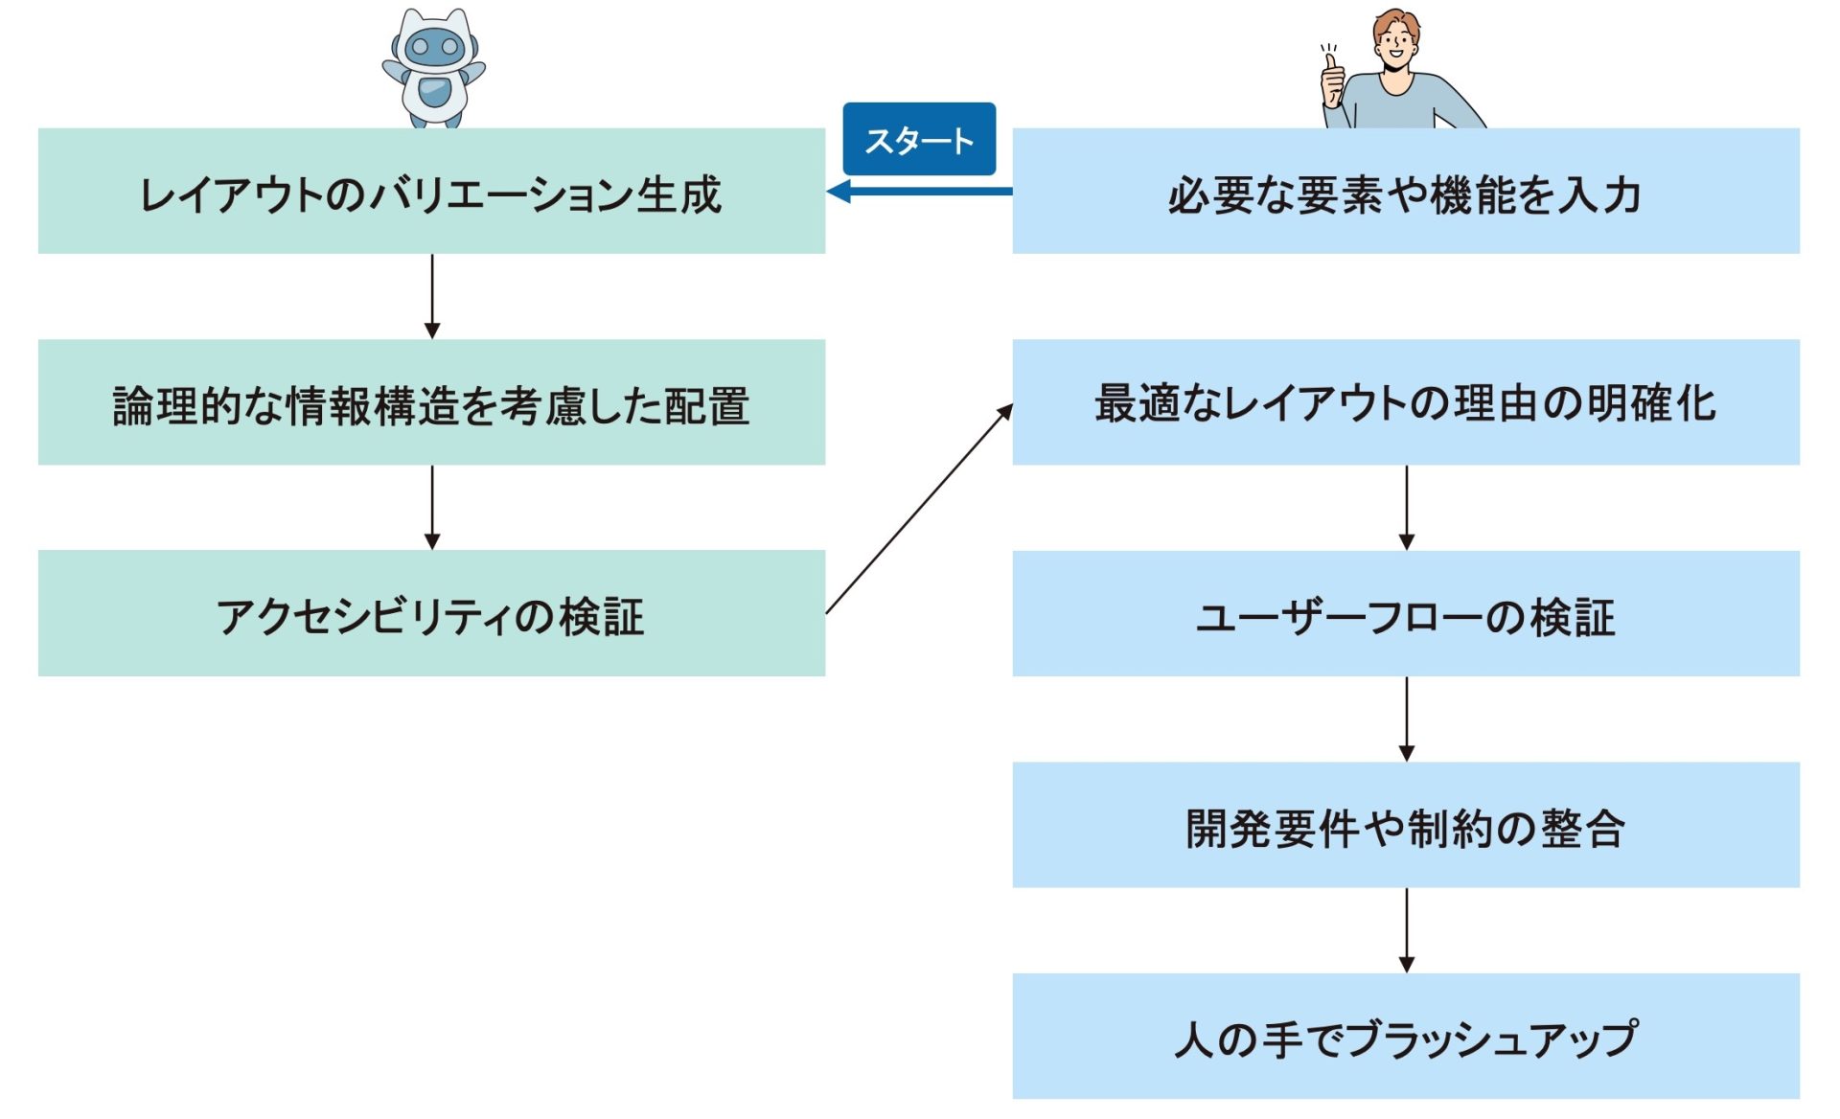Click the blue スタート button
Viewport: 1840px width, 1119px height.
[x=918, y=140]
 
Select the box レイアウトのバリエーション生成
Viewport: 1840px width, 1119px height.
[x=431, y=192]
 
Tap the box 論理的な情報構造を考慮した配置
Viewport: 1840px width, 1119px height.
[x=431, y=402]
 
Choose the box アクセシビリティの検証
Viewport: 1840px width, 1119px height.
[x=431, y=613]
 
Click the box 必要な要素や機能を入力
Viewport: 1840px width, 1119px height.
[x=1405, y=192]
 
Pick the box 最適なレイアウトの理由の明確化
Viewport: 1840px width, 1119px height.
[x=1405, y=402]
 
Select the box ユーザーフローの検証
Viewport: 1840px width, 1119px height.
[x=1405, y=613]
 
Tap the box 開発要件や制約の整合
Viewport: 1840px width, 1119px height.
[x=1405, y=825]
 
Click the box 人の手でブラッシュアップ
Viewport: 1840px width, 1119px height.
[x=1405, y=1036]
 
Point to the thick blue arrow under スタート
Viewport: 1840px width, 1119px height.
[x=920, y=192]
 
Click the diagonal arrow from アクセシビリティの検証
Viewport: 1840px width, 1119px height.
[x=918, y=510]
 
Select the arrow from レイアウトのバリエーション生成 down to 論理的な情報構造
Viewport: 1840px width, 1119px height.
[x=432, y=295]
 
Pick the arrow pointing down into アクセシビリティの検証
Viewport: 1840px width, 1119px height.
[x=432, y=506]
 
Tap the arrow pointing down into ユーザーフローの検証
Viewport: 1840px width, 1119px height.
[x=1406, y=506]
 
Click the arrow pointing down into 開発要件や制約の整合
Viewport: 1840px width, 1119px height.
[x=1406, y=718]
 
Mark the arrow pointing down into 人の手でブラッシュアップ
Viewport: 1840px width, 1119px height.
[x=1406, y=928]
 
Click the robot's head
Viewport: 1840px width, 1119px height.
[x=434, y=43]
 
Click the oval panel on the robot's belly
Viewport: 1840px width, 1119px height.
[x=434, y=93]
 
